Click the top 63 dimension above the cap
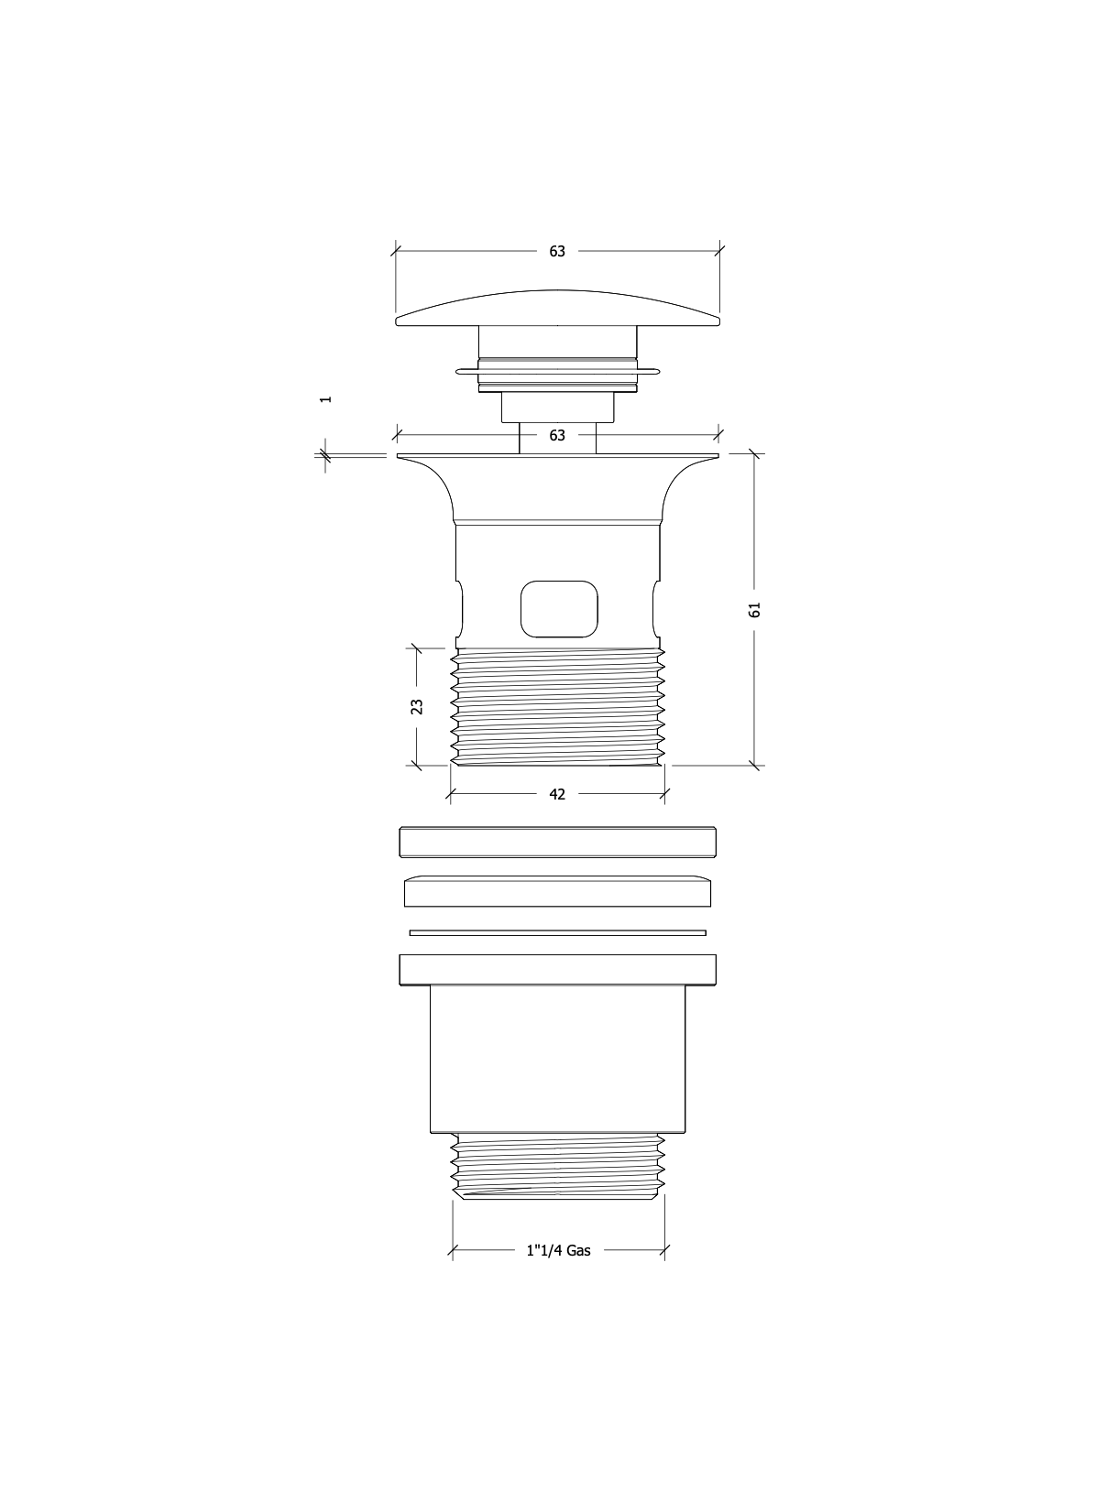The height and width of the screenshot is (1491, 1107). click(556, 252)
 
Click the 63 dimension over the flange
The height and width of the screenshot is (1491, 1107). click(556, 436)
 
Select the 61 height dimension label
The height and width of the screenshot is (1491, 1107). click(754, 610)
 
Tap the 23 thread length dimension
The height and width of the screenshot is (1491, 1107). click(417, 706)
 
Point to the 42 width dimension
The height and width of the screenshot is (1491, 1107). click(556, 795)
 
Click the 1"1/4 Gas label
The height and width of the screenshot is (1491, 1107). click(558, 1250)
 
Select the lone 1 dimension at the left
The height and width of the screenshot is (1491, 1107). click(325, 399)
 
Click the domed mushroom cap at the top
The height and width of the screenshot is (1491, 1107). click(557, 309)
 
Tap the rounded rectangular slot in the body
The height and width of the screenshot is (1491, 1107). click(559, 609)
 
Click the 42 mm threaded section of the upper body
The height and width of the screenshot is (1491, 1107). click(557, 706)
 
